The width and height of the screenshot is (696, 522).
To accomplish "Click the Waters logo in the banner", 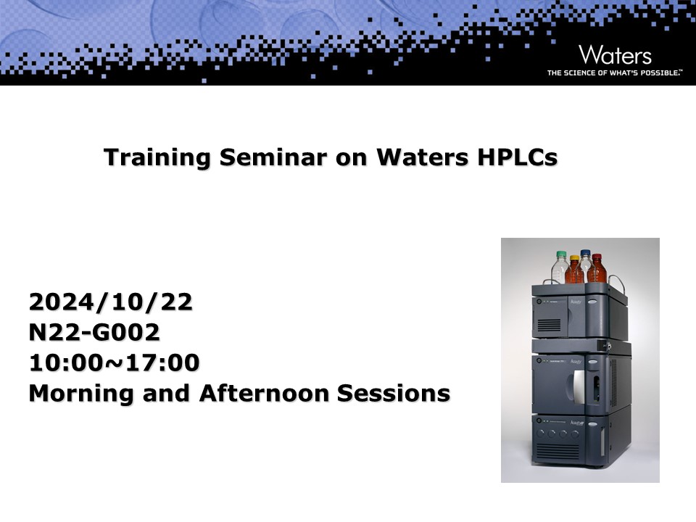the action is click(x=615, y=55).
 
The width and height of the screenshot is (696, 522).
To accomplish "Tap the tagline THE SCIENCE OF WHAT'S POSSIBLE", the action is click(x=615, y=72).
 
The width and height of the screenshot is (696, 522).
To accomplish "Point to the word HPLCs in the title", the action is click(x=518, y=157).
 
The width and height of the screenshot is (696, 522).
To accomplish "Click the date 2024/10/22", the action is click(x=111, y=302).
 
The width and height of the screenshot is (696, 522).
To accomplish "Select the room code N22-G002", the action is click(x=94, y=332).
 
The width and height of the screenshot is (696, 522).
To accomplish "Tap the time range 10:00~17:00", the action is click(x=114, y=362).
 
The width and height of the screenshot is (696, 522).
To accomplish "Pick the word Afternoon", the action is click(x=263, y=393).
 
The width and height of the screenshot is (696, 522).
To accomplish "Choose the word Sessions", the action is click(x=393, y=393).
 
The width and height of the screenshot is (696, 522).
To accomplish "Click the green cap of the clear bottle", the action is click(x=561, y=254).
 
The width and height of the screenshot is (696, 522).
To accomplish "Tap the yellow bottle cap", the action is click(x=574, y=258).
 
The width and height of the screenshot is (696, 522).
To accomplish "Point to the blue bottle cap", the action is click(x=586, y=252).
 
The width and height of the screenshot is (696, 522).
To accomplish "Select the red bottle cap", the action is click(x=597, y=257).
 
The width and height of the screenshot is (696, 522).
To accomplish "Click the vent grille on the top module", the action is click(x=549, y=326).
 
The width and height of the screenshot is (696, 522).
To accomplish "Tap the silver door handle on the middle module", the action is click(x=579, y=386).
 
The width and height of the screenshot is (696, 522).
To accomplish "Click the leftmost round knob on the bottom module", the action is click(x=540, y=434).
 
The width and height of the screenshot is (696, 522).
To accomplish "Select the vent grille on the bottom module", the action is click(x=558, y=452).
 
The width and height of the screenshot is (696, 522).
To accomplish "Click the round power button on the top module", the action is click(x=539, y=302).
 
